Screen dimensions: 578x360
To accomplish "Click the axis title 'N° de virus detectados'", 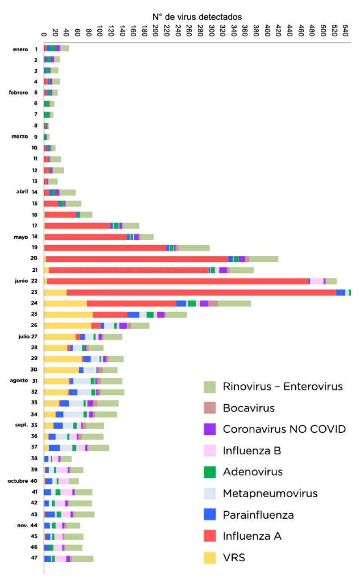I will (x=198, y=17).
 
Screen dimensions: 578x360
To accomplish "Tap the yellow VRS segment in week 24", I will (x=65, y=304).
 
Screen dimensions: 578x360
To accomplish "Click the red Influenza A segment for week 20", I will (x=137, y=259).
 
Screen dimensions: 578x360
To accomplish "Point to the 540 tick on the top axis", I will (x=346, y=32).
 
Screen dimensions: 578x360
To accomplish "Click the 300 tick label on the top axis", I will (x=211, y=32).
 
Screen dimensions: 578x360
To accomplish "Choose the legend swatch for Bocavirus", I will (x=210, y=408).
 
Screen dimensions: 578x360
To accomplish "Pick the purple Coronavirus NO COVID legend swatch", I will (x=210, y=429).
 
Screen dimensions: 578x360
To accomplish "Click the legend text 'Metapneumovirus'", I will (x=270, y=493).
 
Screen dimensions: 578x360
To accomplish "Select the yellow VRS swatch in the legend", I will (x=210, y=557).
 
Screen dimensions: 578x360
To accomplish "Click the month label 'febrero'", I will (x=18, y=93).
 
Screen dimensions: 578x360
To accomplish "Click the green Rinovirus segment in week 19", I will (x=194, y=248).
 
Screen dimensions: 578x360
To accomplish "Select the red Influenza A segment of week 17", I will (x=77, y=226).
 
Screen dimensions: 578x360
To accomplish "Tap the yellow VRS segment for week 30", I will (x=61, y=370).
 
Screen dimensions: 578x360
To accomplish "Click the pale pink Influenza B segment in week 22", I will (x=317, y=281).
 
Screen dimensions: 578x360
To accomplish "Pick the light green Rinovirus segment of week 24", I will (x=234, y=304).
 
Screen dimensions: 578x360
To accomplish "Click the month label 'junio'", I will (x=20, y=281).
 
